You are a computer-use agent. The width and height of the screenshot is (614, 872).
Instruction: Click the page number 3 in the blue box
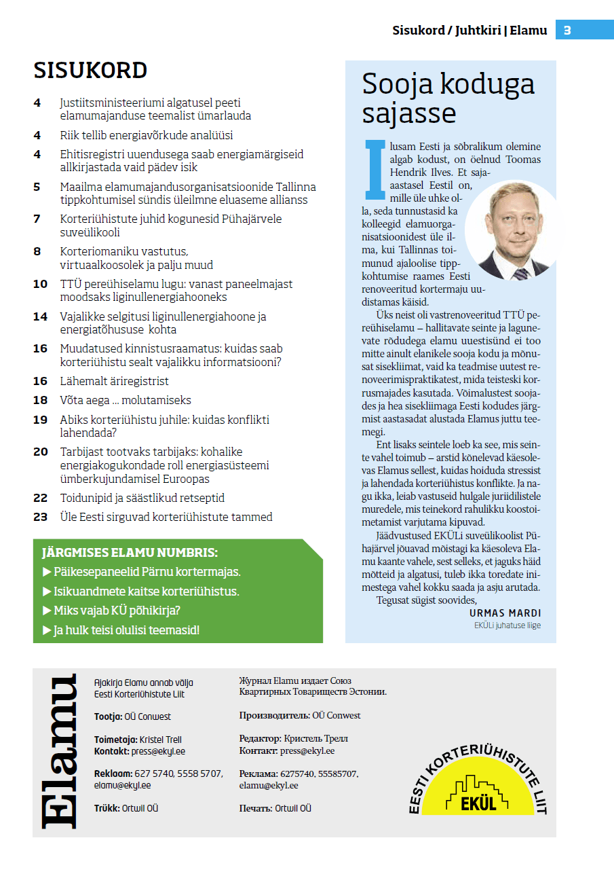(567, 30)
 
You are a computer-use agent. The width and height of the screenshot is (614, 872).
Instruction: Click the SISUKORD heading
(90, 71)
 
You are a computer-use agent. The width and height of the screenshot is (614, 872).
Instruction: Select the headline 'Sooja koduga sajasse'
(448, 98)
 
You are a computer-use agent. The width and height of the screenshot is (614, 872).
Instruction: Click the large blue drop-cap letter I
(372, 170)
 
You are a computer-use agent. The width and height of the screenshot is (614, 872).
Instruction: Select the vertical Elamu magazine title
(60, 752)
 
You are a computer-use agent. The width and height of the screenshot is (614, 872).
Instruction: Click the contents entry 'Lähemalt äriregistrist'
(114, 381)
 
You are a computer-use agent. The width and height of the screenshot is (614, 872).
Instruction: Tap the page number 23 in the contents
(41, 517)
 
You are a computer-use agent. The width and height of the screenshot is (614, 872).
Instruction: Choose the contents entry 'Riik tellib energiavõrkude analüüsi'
(146, 135)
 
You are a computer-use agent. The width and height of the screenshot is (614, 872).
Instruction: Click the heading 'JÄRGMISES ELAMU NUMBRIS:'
(130, 553)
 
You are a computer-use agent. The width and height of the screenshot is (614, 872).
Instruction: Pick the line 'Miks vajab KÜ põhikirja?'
(116, 611)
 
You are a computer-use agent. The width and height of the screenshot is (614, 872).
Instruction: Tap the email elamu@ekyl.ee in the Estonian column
(122, 785)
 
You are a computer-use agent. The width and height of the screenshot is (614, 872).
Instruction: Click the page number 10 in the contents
(41, 284)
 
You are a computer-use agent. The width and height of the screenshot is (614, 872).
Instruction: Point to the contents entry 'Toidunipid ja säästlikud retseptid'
(142, 498)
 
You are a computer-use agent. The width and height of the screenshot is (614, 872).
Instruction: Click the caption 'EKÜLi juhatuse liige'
(507, 625)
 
